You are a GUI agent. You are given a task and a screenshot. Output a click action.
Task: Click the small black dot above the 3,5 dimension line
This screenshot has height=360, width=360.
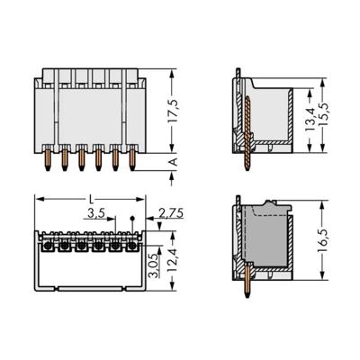133,219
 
